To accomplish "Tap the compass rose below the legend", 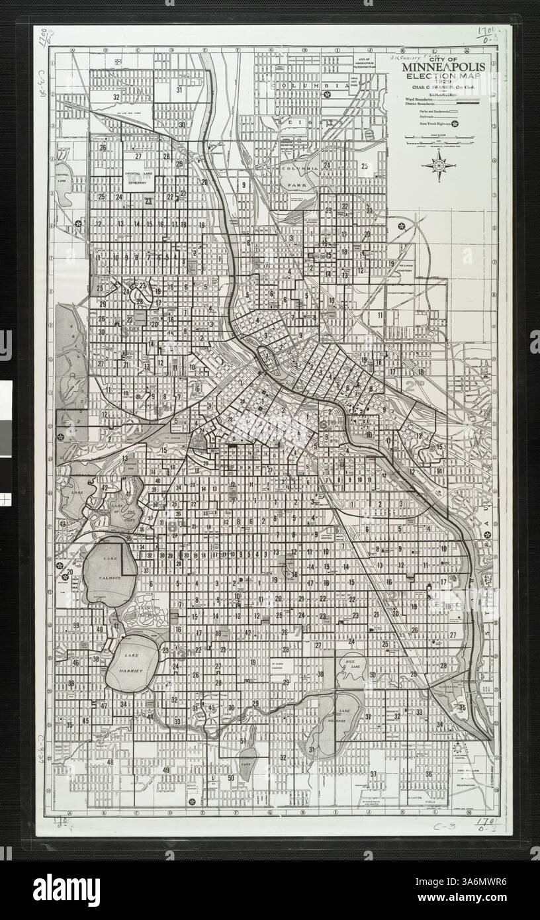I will [x=439, y=165].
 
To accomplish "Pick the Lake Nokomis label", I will [x=340, y=716].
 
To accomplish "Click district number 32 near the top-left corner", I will [x=116, y=97].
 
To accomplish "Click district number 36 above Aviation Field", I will [x=429, y=774].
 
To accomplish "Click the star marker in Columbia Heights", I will [x=327, y=95].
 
